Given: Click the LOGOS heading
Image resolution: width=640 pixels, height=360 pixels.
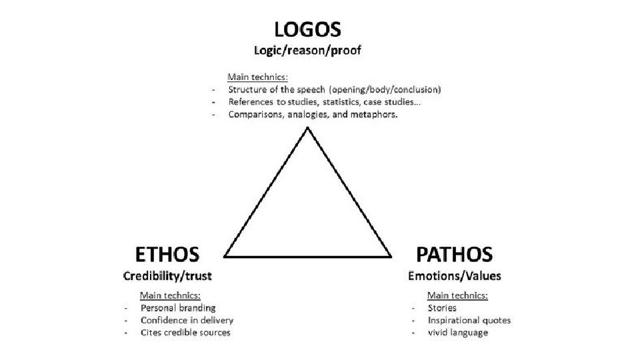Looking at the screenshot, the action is coord(307,29).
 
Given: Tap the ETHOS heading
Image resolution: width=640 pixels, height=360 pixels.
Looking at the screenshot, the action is coord(167,254).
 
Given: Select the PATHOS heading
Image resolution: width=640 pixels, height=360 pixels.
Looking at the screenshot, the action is coord(454,254).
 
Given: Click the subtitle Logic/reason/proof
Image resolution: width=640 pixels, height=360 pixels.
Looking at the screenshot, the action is coord(307,51).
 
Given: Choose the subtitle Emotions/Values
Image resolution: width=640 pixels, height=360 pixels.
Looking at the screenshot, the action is coord(455,275).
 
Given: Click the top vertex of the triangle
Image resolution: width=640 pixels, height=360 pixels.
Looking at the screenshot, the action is coord(307,128).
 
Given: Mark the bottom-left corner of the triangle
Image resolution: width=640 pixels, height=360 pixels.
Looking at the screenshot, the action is coord(225,256).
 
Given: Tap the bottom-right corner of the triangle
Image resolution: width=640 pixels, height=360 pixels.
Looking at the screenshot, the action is coord(391,256).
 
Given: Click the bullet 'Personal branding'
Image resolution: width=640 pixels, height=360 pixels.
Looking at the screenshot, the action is coord(178,308).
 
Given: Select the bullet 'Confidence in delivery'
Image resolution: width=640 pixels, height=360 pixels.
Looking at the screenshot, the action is coord(187,320).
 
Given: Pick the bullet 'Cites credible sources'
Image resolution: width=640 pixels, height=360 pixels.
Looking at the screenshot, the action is coord(185,332).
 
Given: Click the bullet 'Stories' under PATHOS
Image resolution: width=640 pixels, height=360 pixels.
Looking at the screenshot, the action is coord(442,308).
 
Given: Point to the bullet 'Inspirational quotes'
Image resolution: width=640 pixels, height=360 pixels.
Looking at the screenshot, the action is coord(469,320).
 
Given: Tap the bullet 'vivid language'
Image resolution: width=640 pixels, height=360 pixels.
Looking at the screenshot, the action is coord(458,332).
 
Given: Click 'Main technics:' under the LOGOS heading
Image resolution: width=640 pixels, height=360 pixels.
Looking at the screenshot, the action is coord(258,77).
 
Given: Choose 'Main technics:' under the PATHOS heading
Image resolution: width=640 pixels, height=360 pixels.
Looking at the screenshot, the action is coord(457,295).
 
